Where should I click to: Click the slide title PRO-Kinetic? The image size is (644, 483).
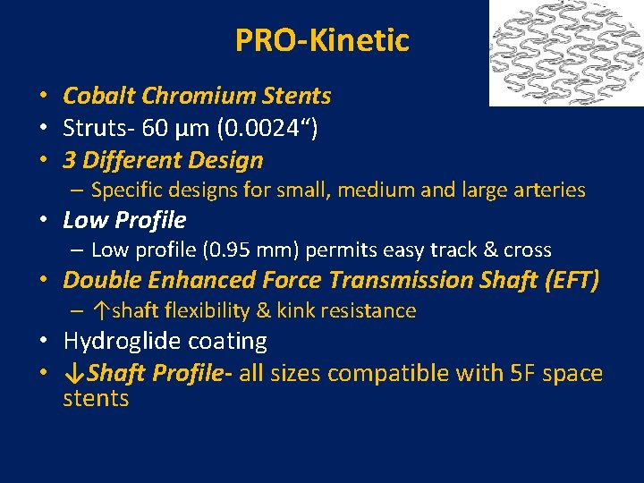click(x=322, y=40)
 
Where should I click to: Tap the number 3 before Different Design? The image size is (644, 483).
click(x=69, y=161)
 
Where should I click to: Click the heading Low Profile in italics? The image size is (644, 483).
click(x=124, y=220)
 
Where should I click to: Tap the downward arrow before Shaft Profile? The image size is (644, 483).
click(x=70, y=373)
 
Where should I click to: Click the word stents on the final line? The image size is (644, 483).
click(x=96, y=398)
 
